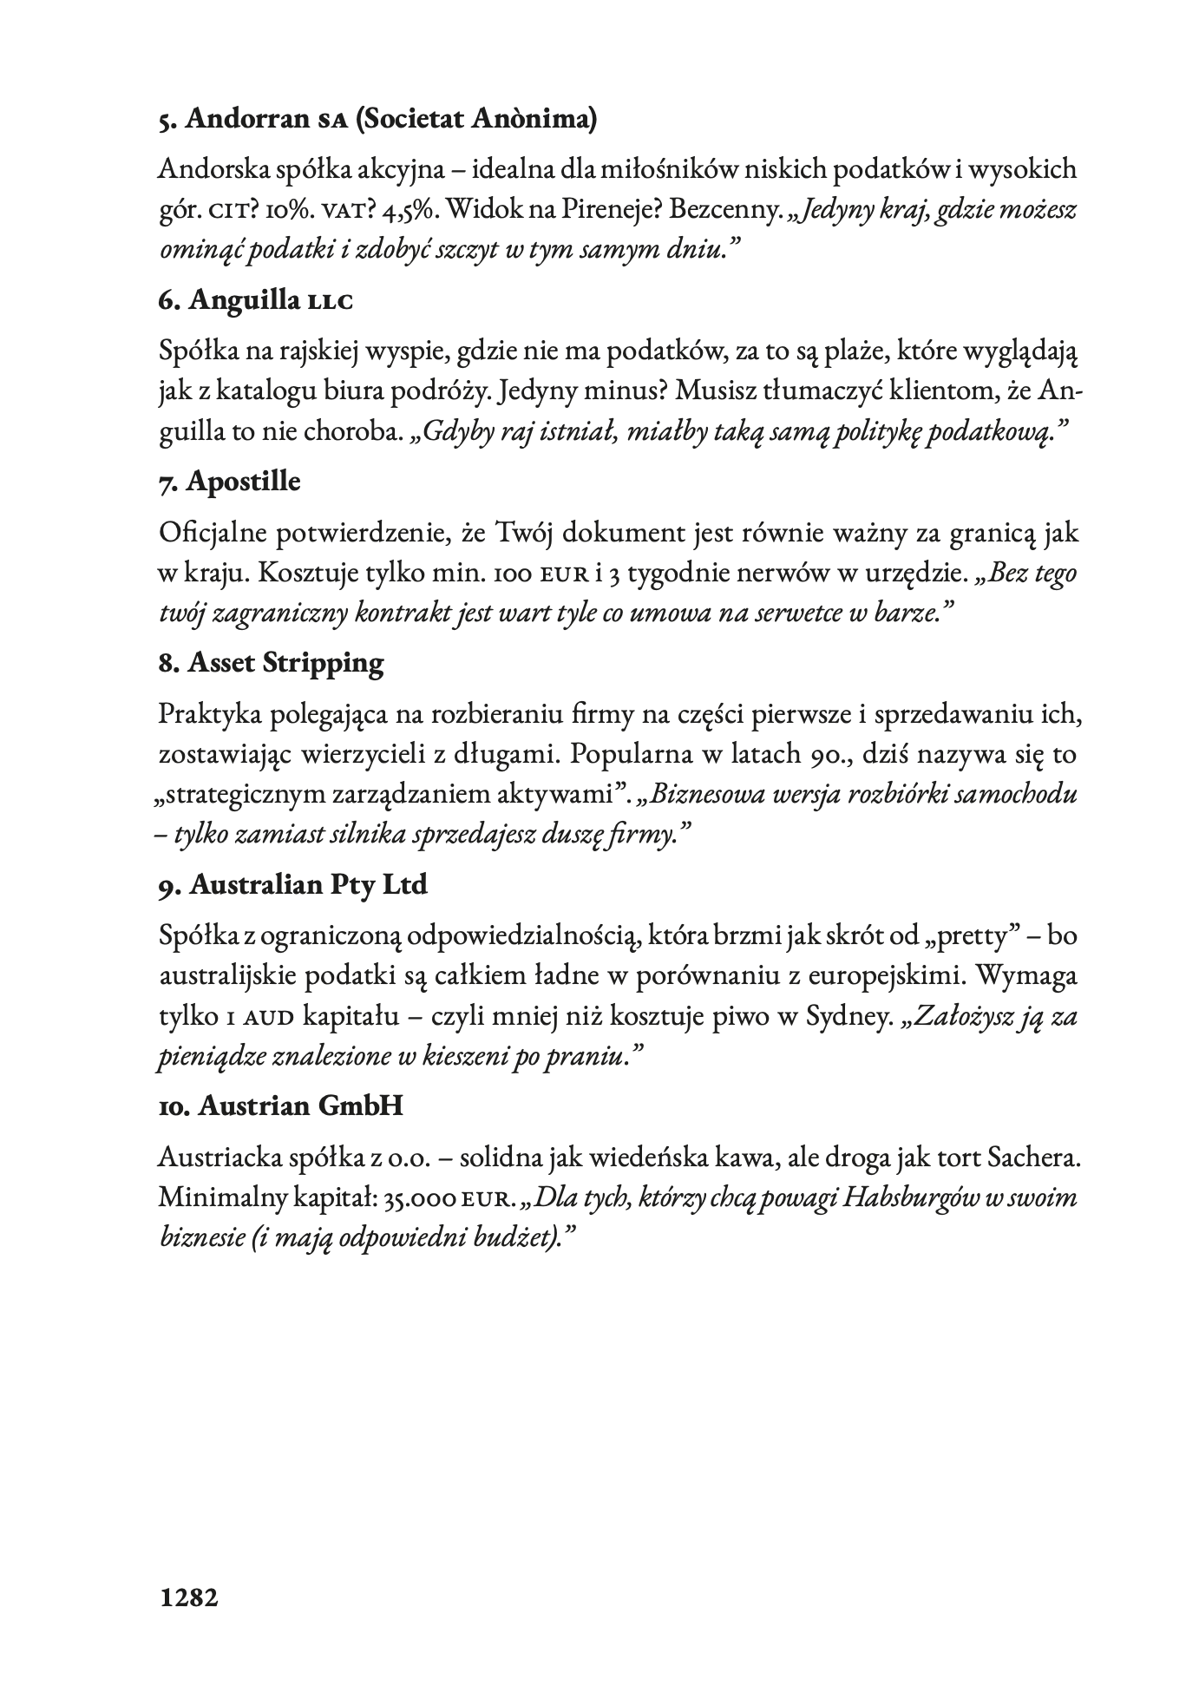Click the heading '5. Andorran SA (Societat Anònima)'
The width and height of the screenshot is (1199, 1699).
click(x=377, y=118)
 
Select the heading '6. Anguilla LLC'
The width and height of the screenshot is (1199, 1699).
click(x=257, y=299)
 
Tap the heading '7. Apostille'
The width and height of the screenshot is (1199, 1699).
click(x=230, y=481)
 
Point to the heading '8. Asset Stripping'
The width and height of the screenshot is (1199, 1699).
click(x=272, y=663)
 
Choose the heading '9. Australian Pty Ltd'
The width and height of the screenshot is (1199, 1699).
click(x=293, y=884)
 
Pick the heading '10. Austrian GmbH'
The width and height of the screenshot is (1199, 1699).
click(x=281, y=1106)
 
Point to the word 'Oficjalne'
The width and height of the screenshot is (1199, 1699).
click(x=210, y=533)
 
